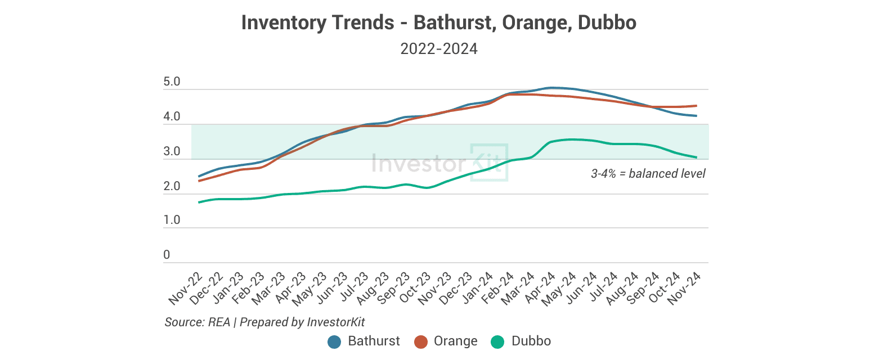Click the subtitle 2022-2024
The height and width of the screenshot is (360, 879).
click(439, 49)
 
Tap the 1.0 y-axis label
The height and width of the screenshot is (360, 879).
click(171, 220)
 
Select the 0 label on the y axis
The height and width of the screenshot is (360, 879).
click(167, 255)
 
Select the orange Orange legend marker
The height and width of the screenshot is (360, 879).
click(421, 341)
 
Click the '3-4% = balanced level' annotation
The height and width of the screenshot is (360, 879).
click(648, 174)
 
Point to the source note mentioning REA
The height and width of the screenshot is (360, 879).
click(264, 322)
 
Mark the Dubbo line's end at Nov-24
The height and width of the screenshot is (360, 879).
click(697, 157)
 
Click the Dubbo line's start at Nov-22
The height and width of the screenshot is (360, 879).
click(199, 202)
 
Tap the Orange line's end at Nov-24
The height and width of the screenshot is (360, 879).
click(697, 106)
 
